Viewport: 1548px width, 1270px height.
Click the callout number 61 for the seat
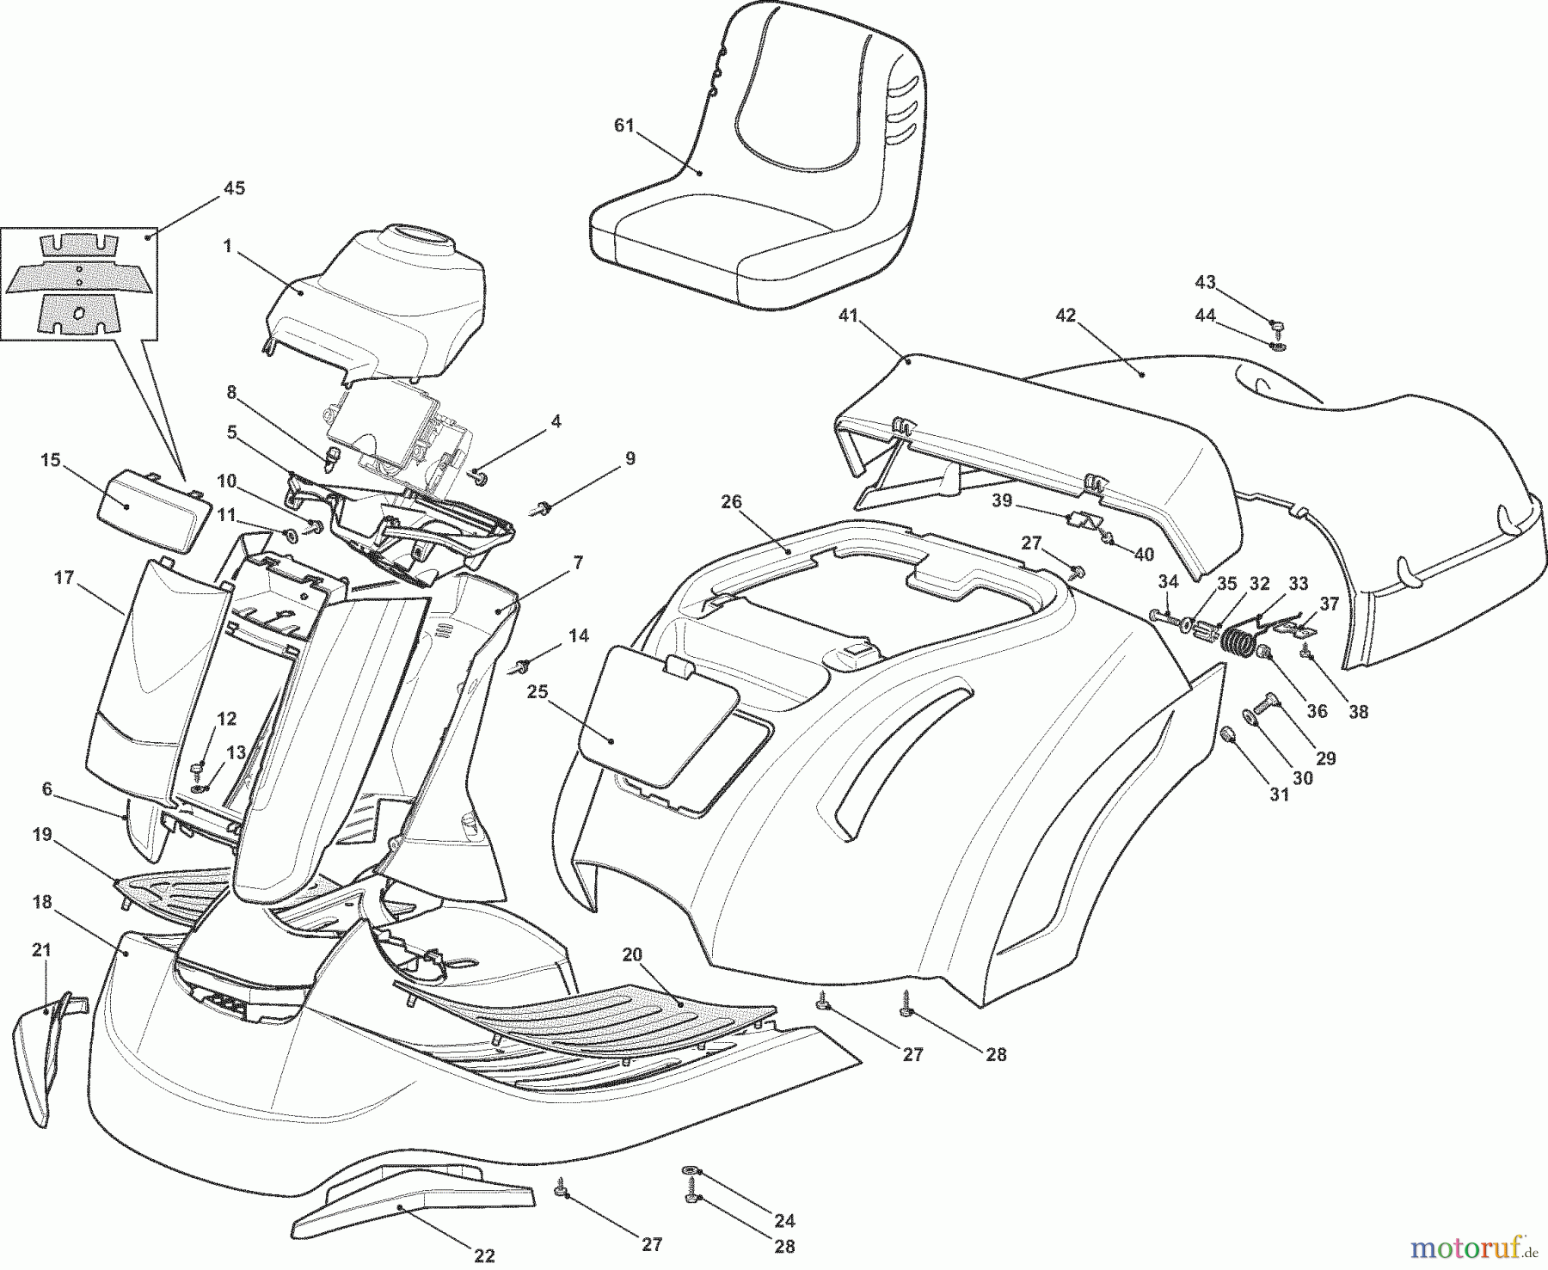click(x=623, y=126)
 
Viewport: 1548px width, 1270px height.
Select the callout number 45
click(x=234, y=188)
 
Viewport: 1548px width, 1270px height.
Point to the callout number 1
click(x=227, y=247)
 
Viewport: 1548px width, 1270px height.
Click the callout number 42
click(x=1066, y=316)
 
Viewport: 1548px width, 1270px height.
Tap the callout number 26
click(x=731, y=502)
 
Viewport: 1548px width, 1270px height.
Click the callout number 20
click(x=632, y=954)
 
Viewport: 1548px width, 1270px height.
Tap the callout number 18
click(x=43, y=903)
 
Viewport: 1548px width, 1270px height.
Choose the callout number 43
click(x=1206, y=282)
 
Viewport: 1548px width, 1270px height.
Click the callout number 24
click(x=784, y=1220)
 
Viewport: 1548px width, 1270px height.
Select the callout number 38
click(x=1358, y=712)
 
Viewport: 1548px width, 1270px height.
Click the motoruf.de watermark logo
click(x=1491, y=1244)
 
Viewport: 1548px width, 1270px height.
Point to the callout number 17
click(x=64, y=578)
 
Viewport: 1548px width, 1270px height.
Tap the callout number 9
click(x=630, y=459)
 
